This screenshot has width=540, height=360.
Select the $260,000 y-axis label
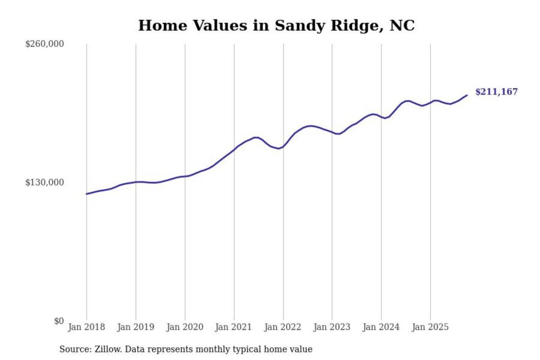click(45, 44)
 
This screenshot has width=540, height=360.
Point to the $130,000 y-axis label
click(45, 183)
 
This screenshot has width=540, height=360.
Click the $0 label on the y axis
click(59, 321)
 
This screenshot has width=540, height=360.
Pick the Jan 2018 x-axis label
click(86, 327)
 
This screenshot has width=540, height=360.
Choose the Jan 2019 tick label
click(135, 327)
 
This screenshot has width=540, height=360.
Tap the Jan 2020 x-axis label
click(184, 327)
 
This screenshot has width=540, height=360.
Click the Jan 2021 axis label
click(233, 327)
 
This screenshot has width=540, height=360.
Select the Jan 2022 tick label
click(282, 327)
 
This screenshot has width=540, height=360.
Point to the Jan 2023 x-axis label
click(331, 327)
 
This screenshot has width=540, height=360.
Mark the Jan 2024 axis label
click(381, 327)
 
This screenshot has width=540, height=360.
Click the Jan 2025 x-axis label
click(430, 327)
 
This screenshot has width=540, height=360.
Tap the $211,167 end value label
click(496, 92)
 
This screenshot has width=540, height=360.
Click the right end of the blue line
click(467, 95)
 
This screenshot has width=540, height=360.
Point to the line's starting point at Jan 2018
click(87, 194)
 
